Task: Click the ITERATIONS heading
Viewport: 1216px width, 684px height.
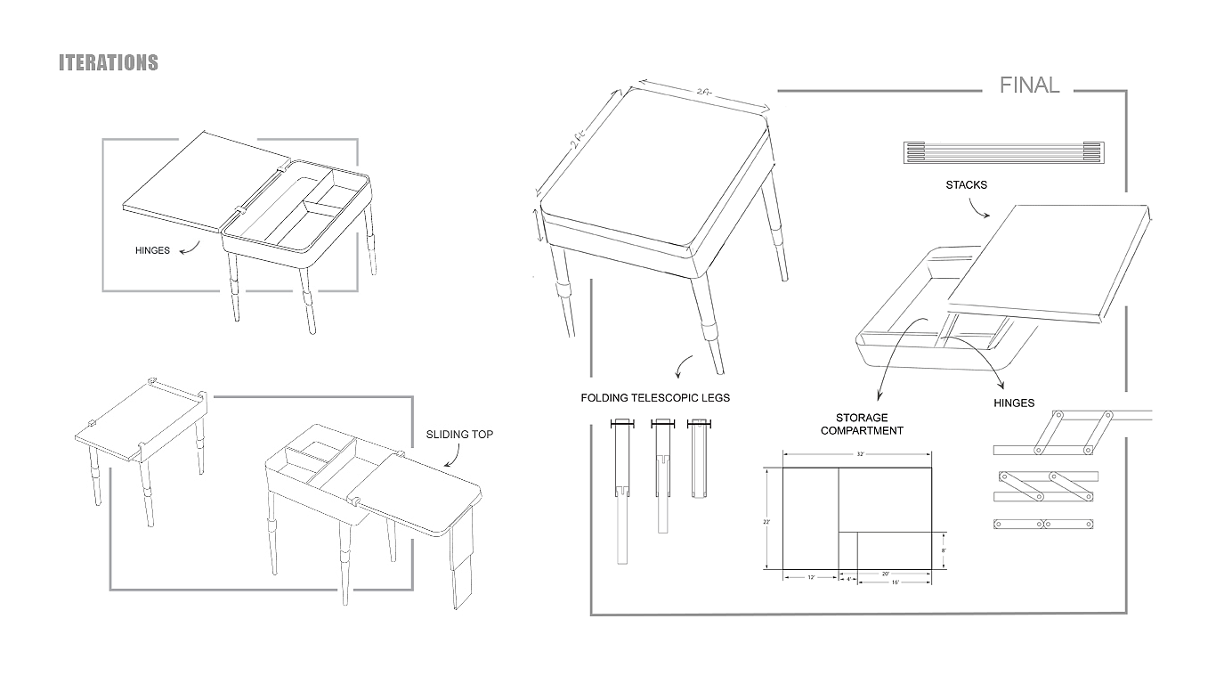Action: coord(108,62)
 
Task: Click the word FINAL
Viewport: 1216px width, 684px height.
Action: coord(1029,85)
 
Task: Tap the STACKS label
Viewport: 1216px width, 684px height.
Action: coord(966,185)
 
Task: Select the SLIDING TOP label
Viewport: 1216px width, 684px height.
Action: coord(459,435)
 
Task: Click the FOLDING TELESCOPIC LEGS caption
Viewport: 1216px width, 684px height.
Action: coord(654,398)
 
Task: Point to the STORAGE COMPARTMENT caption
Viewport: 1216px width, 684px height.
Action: coord(862,424)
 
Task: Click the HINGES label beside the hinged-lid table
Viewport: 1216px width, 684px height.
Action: coord(152,250)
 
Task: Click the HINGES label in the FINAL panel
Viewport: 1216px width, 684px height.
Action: coord(1014,403)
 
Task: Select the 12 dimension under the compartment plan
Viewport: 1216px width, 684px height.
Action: coord(811,578)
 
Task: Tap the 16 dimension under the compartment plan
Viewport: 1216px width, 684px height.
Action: coord(894,582)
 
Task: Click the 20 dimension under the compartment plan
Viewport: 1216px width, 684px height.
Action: coord(886,574)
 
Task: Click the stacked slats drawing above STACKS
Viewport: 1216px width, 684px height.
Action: coord(1002,152)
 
